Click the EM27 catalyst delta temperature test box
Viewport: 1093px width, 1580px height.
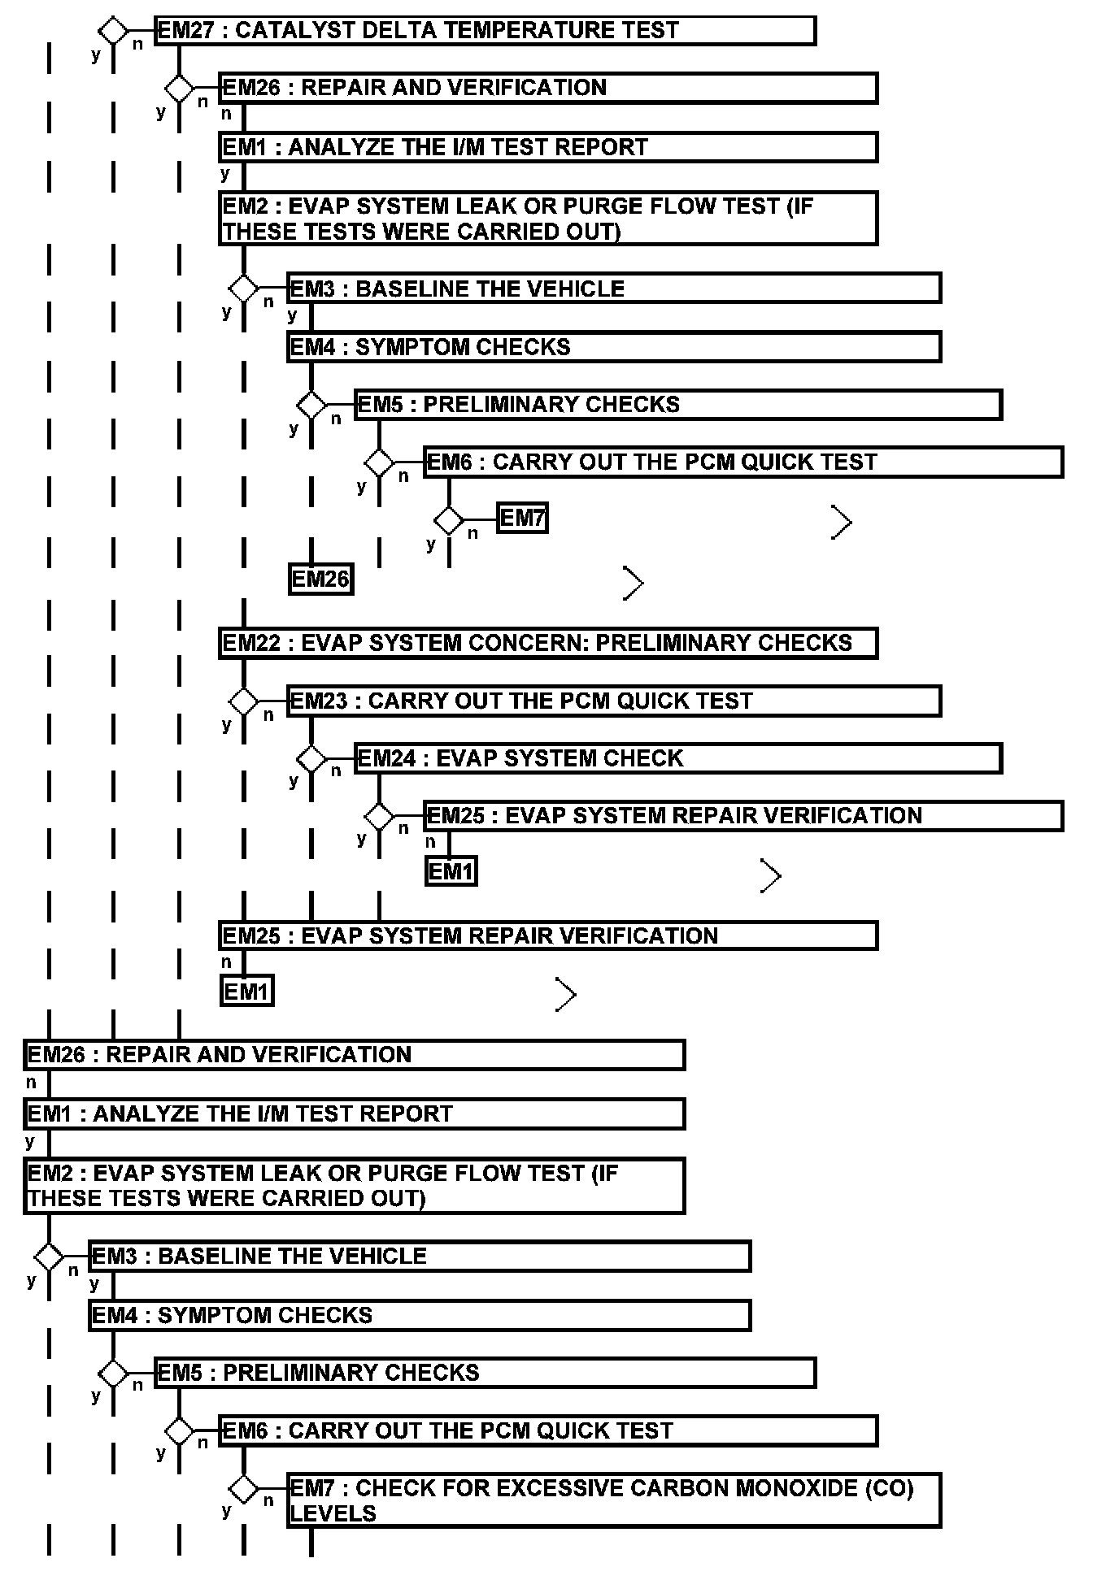485,31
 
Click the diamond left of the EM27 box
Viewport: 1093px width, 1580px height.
113,31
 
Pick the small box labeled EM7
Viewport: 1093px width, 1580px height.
522,519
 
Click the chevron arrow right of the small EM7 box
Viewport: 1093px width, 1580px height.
842,523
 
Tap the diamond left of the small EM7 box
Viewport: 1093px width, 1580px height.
449,519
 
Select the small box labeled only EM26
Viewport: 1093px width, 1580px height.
320,579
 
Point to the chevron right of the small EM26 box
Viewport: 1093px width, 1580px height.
634,583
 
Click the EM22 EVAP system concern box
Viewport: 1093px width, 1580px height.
548,643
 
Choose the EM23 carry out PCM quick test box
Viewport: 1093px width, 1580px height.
614,701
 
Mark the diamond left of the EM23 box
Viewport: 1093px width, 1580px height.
243,701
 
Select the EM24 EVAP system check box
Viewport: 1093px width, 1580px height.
677,758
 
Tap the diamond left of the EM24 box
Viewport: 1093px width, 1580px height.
311,758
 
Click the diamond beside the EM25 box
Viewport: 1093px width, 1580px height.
379,816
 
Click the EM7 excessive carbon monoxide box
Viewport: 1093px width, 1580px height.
614,1500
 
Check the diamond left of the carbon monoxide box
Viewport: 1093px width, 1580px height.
243,1490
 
